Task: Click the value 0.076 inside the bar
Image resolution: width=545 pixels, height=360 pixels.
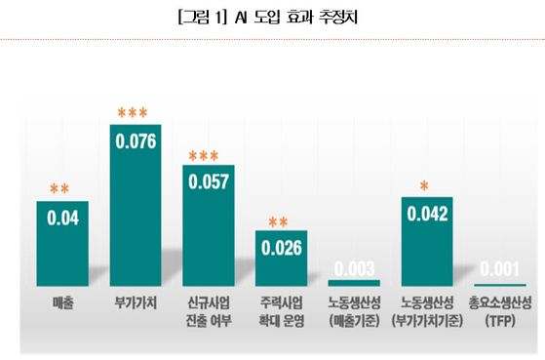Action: [136, 140]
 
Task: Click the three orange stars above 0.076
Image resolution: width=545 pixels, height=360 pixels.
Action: [135, 114]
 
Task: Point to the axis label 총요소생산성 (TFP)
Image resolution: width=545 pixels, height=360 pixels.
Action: [500, 312]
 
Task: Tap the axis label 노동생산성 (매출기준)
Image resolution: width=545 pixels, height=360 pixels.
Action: [355, 312]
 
